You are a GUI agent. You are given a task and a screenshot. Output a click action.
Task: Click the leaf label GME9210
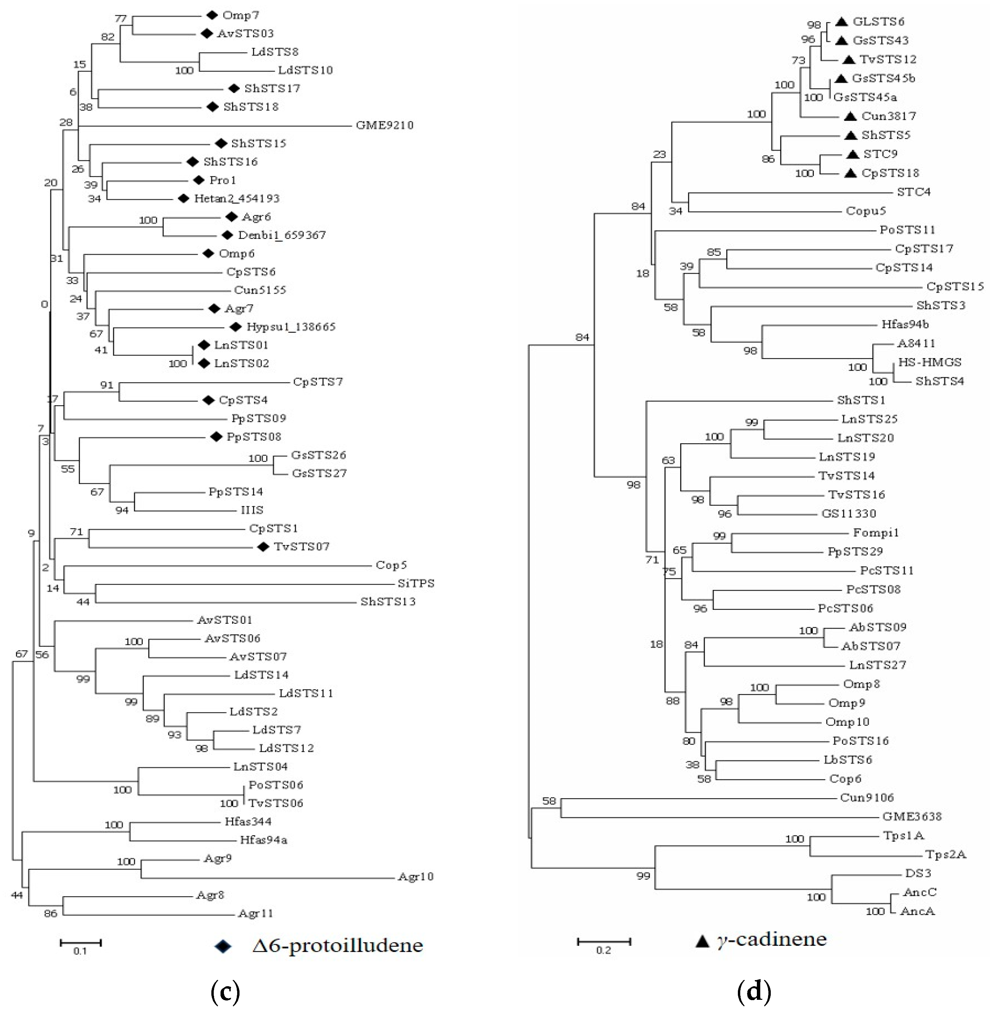384,125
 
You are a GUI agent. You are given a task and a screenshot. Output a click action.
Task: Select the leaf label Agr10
416,877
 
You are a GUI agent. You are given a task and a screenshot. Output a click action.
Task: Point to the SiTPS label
416,583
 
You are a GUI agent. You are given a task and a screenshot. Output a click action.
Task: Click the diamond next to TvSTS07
264,547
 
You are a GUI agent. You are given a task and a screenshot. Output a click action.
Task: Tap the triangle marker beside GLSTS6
841,22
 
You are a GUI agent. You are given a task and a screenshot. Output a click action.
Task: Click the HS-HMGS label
929,362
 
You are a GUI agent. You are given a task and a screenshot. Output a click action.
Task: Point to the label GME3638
912,817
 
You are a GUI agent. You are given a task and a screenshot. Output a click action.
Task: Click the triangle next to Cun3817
850,116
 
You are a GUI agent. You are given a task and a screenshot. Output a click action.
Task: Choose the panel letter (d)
754,991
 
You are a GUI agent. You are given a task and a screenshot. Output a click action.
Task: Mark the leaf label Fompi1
876,533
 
